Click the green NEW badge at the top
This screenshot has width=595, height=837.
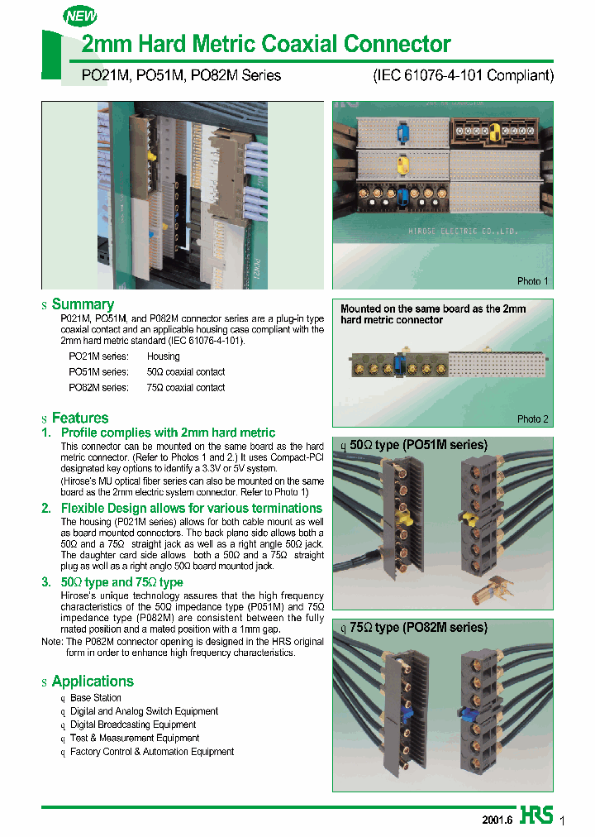pos(80,16)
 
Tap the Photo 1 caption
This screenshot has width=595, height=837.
pos(532,281)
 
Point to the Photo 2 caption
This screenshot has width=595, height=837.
pos(532,419)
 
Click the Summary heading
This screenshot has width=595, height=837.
pos(83,304)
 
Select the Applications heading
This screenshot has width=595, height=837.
pos(92,682)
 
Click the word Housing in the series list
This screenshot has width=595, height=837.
pos(163,356)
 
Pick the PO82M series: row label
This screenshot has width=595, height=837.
pos(98,387)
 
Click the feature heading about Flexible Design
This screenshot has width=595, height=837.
pos(191,508)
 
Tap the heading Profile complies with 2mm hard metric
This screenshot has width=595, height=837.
pos(168,433)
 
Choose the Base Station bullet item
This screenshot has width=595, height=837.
pos(95,698)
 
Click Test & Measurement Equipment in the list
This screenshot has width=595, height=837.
pos(134,739)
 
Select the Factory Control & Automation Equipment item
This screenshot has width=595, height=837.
pos(151,752)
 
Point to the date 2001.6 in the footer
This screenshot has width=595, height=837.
pos(497,820)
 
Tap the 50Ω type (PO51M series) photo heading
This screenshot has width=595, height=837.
pos(418,445)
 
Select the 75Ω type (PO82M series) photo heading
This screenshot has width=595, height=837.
pos(418,628)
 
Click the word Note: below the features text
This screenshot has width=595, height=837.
pos(53,642)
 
